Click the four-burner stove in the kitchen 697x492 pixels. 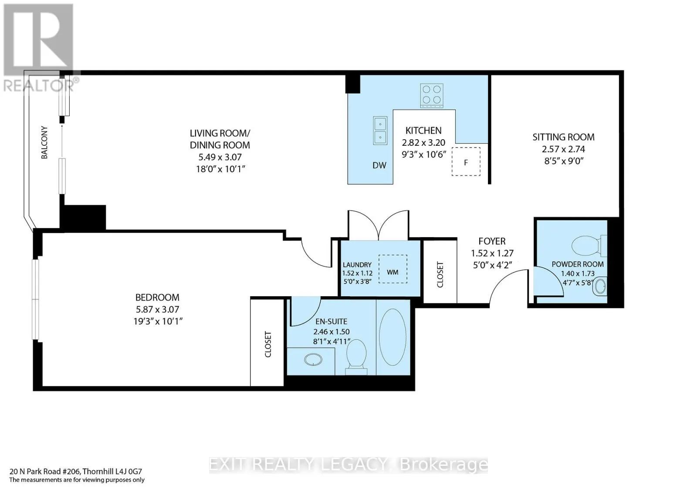[432, 96]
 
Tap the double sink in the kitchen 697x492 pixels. [380, 131]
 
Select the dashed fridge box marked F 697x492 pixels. [466, 162]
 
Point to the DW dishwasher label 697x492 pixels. [379, 165]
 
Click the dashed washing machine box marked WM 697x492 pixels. [392, 269]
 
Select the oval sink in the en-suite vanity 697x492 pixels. [313, 360]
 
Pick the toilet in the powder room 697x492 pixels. [589, 246]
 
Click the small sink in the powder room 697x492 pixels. [600, 286]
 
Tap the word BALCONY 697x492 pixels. [44, 142]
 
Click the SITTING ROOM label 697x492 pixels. [564, 137]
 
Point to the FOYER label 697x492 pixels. [492, 241]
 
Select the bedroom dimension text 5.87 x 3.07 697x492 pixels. [157, 309]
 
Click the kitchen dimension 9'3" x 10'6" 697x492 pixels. [424, 154]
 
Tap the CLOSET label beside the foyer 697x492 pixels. [440, 274]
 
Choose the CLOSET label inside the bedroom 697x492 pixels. [268, 345]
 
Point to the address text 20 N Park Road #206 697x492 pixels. [45, 472]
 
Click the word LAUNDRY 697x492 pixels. [357, 265]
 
